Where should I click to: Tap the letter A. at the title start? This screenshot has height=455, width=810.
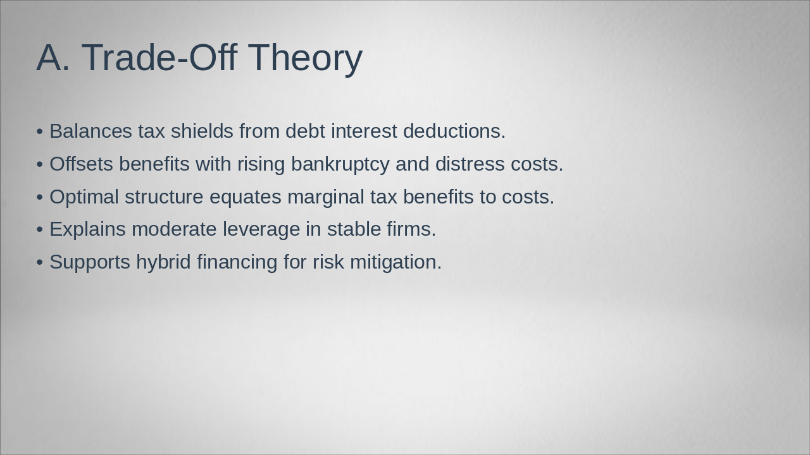pyautogui.click(x=53, y=58)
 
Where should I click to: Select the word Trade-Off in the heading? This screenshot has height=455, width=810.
pyautogui.click(x=159, y=57)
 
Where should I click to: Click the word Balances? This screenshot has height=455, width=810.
pyautogui.click(x=90, y=131)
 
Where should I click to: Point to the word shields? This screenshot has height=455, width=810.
pyautogui.click(x=202, y=131)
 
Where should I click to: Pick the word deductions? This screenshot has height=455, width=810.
pyautogui.click(x=454, y=131)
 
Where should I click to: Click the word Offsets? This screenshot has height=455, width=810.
pyautogui.click(x=82, y=164)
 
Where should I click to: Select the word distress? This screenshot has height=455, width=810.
pyautogui.click(x=470, y=164)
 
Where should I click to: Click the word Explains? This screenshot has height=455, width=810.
pyautogui.click(x=88, y=229)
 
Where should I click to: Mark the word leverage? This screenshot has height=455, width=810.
pyautogui.click(x=261, y=229)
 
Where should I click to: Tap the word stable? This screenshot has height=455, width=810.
pyautogui.click(x=354, y=229)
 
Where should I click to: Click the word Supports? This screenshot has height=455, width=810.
pyautogui.click(x=90, y=262)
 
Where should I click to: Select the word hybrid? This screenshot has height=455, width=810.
pyautogui.click(x=163, y=262)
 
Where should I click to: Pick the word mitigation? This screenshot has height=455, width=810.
pyautogui.click(x=396, y=262)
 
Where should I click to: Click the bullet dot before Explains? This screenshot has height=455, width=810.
pyautogui.click(x=40, y=230)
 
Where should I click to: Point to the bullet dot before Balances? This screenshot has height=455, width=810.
pyautogui.click(x=40, y=132)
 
